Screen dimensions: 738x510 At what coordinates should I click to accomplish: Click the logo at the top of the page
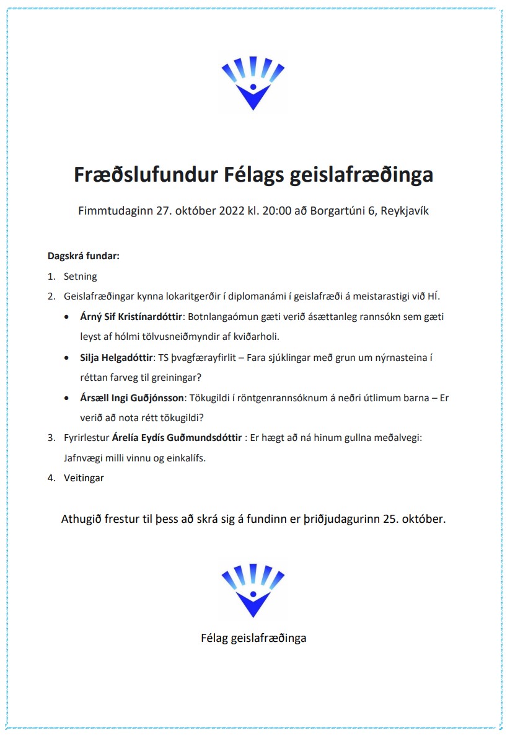click(253, 84)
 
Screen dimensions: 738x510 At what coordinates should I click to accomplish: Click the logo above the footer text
click(253, 590)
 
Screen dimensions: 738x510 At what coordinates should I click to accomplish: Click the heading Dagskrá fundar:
click(84, 256)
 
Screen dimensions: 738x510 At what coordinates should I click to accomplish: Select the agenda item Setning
click(81, 277)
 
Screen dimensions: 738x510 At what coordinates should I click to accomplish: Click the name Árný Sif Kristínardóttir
click(131, 317)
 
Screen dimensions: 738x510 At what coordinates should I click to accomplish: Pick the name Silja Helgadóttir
click(117, 357)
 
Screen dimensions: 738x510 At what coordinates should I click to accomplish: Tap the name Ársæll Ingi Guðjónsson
click(133, 398)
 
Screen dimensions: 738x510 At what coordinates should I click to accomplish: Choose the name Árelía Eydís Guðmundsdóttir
click(177, 438)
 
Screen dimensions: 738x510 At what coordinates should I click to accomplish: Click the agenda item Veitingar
click(84, 478)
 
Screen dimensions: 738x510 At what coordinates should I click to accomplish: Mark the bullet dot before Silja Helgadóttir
click(67, 358)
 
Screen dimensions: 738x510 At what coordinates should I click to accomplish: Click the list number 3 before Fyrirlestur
click(51, 438)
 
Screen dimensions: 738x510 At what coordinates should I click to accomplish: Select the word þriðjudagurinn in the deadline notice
click(341, 519)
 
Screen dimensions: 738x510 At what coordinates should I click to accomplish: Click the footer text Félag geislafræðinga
click(253, 638)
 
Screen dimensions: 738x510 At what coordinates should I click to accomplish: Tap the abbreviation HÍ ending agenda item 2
click(434, 296)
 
